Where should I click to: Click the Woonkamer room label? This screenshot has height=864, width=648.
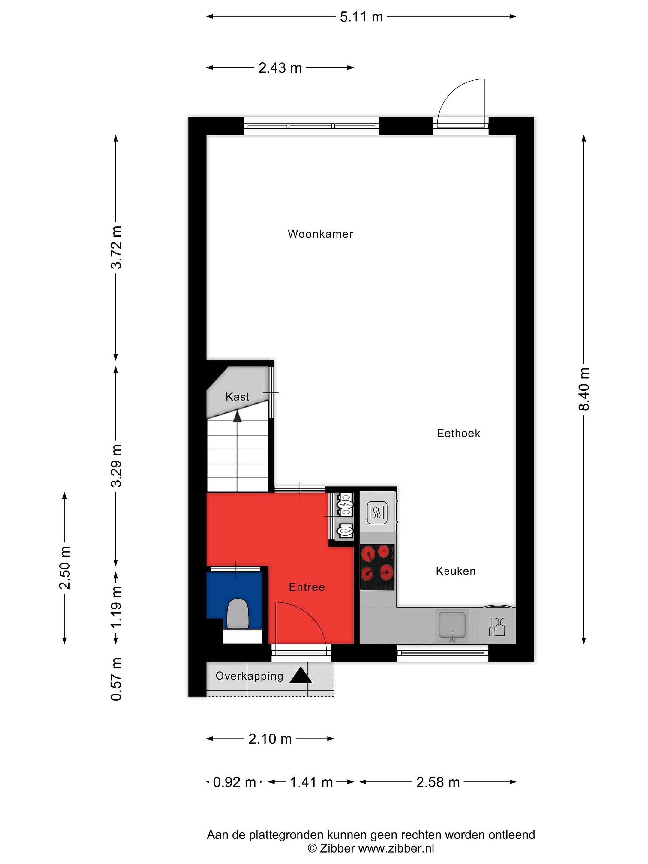coord(320,234)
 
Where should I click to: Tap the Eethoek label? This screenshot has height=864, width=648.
coord(459,433)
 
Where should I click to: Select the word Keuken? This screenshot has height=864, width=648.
coord(456,571)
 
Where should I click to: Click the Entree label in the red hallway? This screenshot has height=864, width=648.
coord(307,587)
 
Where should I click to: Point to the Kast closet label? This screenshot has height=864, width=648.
coord(237,397)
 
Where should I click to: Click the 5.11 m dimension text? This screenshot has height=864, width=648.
coord(361,17)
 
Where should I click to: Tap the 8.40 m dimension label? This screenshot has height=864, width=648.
coord(584,389)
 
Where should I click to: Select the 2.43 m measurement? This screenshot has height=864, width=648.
coord(280,68)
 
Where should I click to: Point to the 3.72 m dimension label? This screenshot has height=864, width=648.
coord(116,247)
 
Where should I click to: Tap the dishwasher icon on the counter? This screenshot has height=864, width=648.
coord(497,626)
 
